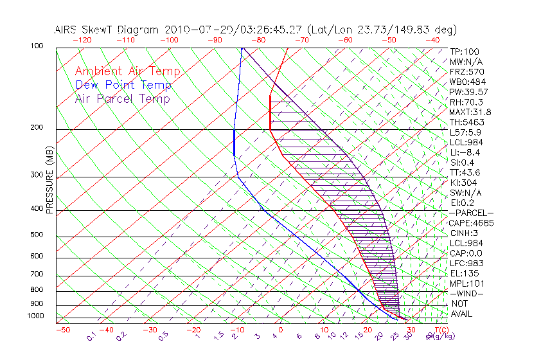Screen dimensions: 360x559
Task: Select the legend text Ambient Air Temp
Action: coord(127,72)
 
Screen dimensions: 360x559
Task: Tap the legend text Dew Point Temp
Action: coord(123,85)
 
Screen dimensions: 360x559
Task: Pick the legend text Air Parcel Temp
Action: coord(123,99)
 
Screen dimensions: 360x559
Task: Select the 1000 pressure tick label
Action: coord(37,316)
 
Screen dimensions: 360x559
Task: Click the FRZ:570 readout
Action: coord(466,71)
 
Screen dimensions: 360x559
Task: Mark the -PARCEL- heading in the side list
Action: coord(471,213)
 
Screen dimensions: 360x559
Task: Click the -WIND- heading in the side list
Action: coord(466,293)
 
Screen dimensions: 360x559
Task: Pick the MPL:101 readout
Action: coord(466,283)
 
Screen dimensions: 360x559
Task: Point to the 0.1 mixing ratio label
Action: coord(92,336)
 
